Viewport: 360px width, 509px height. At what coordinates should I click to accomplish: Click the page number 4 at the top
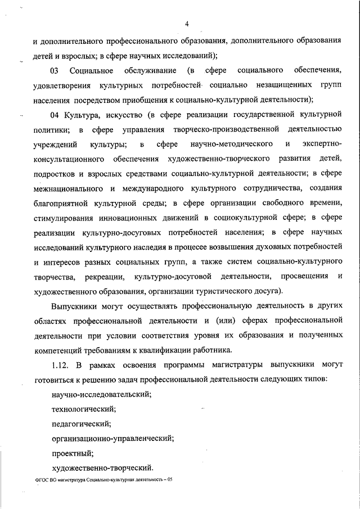[187, 23]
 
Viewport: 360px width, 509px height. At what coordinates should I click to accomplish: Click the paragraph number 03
[55, 71]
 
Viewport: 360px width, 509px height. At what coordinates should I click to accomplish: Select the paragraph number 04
[55, 115]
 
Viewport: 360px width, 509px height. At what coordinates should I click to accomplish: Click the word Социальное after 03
[92, 71]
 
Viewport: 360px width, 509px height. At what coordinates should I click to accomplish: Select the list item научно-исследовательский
[101, 394]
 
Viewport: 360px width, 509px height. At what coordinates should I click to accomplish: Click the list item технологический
[84, 408]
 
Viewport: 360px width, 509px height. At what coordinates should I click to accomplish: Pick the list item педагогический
[81, 423]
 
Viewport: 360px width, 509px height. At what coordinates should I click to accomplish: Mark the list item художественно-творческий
[102, 467]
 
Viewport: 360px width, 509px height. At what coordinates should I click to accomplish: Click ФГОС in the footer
[40, 482]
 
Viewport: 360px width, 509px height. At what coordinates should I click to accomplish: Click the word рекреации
[105, 276]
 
